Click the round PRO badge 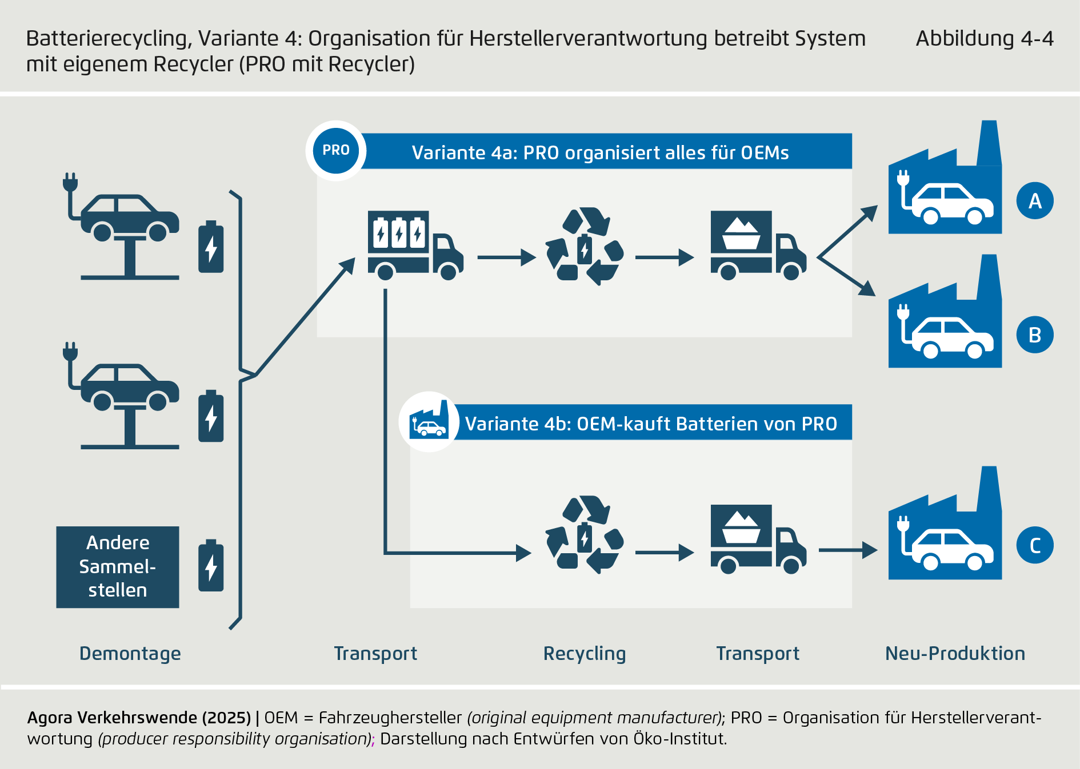point(336,151)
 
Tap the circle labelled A point(1035,201)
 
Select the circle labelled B point(1035,335)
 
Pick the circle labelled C point(1035,545)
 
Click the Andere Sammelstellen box point(118,567)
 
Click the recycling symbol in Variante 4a point(585,247)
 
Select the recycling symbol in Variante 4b point(585,535)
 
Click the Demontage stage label point(130,654)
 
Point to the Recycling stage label point(585,654)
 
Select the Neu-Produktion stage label point(955,654)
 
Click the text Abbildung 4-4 point(985,39)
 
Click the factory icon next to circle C point(945,531)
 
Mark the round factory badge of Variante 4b point(429,422)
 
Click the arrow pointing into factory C point(848,550)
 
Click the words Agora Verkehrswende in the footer point(109,718)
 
